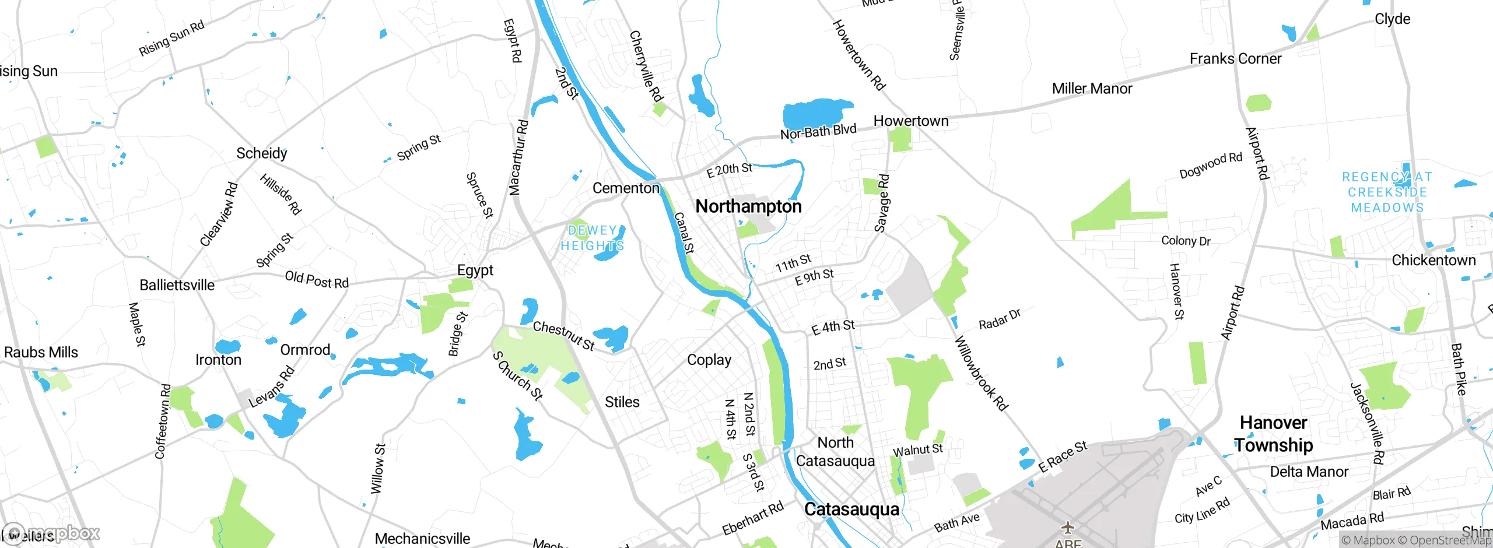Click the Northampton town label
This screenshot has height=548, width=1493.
(748, 206)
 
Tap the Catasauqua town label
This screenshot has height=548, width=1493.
(851, 509)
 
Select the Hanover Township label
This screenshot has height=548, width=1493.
(1273, 434)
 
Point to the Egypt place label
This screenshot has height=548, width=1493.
(475, 271)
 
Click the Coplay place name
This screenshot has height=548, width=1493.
(709, 360)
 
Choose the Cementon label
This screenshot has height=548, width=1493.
(625, 188)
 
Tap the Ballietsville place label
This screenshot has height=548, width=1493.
(177, 285)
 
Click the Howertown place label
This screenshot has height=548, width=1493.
(910, 121)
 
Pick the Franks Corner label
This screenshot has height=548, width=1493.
(1235, 59)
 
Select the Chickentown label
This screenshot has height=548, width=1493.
(1434, 260)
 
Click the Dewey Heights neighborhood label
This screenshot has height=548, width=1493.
(592, 238)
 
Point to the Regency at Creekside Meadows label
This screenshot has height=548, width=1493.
(1387, 192)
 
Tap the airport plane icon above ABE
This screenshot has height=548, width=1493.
(1067, 528)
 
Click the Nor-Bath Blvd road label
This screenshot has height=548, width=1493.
(818, 132)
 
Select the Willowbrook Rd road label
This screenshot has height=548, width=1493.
(981, 374)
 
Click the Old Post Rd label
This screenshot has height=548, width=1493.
(316, 280)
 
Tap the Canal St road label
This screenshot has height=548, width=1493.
(684, 233)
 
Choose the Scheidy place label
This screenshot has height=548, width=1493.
(261, 153)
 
